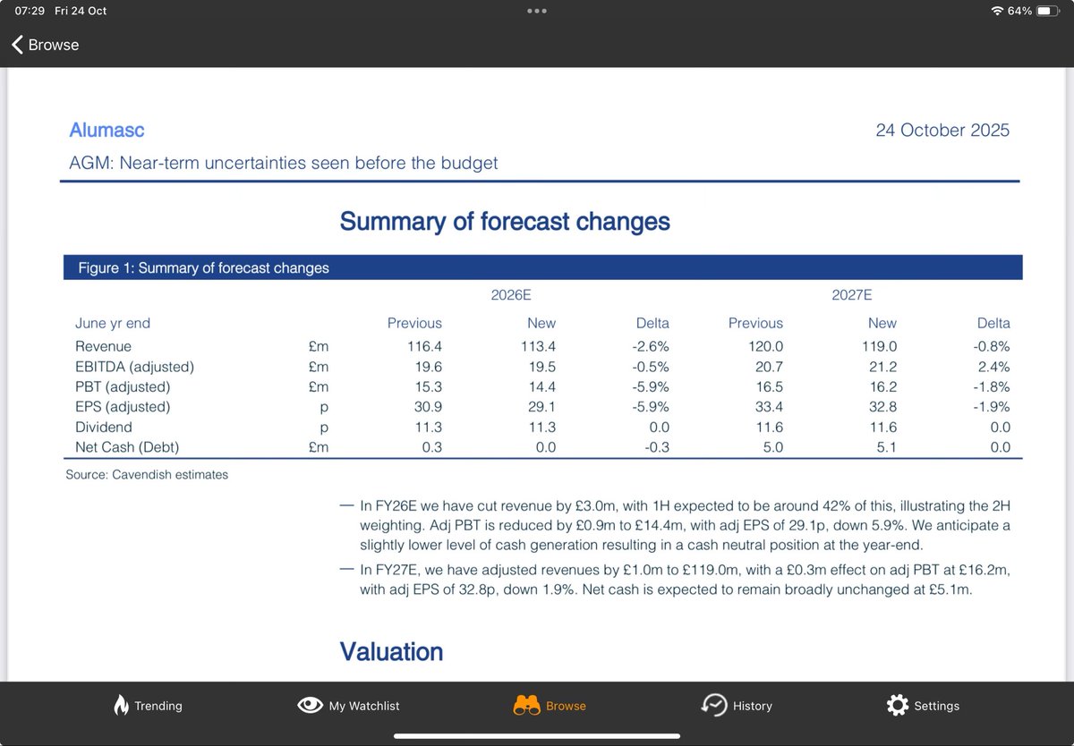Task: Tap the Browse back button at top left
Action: (x=45, y=45)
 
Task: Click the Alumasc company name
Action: (x=107, y=130)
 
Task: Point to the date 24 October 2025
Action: (x=942, y=130)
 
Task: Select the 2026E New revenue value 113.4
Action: (x=538, y=346)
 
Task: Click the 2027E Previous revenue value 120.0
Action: (x=765, y=346)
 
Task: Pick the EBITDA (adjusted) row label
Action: (x=135, y=367)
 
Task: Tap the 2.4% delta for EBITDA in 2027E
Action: (x=993, y=367)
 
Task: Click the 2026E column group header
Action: (x=511, y=294)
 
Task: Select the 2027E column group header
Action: (x=851, y=294)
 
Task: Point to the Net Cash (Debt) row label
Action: (x=127, y=447)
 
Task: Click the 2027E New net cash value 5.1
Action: (x=886, y=447)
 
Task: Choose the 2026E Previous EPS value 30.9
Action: (x=428, y=406)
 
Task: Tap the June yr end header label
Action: (x=113, y=323)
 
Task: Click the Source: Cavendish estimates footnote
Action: (x=147, y=474)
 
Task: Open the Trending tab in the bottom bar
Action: (x=148, y=705)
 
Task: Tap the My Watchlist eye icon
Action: (x=310, y=705)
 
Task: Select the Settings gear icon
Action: (x=897, y=705)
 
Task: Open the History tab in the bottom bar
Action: (x=737, y=705)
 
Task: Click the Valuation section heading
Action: (x=391, y=651)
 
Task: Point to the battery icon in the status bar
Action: (x=1048, y=11)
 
